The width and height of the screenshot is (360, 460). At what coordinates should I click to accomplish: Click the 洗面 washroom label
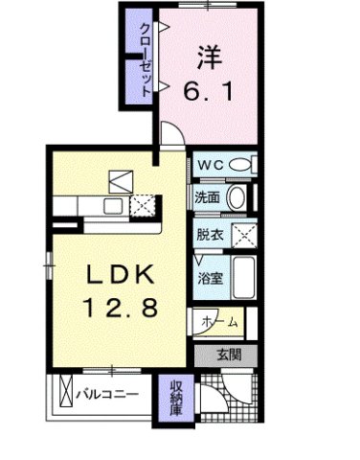[207, 198]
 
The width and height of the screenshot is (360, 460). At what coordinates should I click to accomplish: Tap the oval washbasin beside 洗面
[237, 198]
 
